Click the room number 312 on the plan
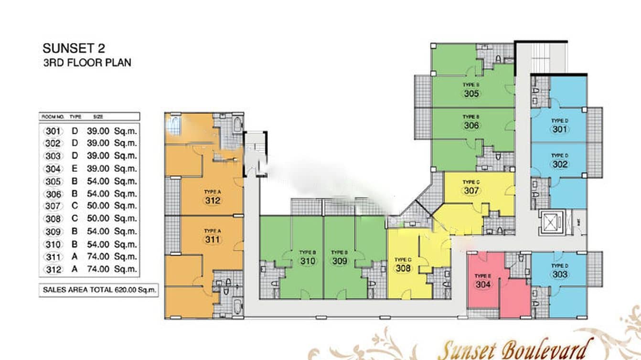(x=213, y=201)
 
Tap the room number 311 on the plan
(x=213, y=239)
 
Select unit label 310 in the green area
(x=308, y=261)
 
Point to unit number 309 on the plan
(x=340, y=261)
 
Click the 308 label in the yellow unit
(x=403, y=268)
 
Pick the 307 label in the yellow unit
(x=471, y=191)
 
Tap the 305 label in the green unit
(x=471, y=94)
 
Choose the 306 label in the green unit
(x=471, y=126)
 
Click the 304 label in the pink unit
(x=483, y=284)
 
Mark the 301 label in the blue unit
(x=560, y=129)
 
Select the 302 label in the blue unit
(x=560, y=164)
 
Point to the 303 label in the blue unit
(x=560, y=275)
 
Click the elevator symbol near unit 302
(x=551, y=222)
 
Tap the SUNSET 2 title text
(x=74, y=48)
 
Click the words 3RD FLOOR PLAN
(x=87, y=63)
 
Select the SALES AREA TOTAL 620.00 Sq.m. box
(x=99, y=290)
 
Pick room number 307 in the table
(x=53, y=206)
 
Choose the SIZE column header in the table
(x=98, y=116)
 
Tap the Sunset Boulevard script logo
(x=515, y=349)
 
